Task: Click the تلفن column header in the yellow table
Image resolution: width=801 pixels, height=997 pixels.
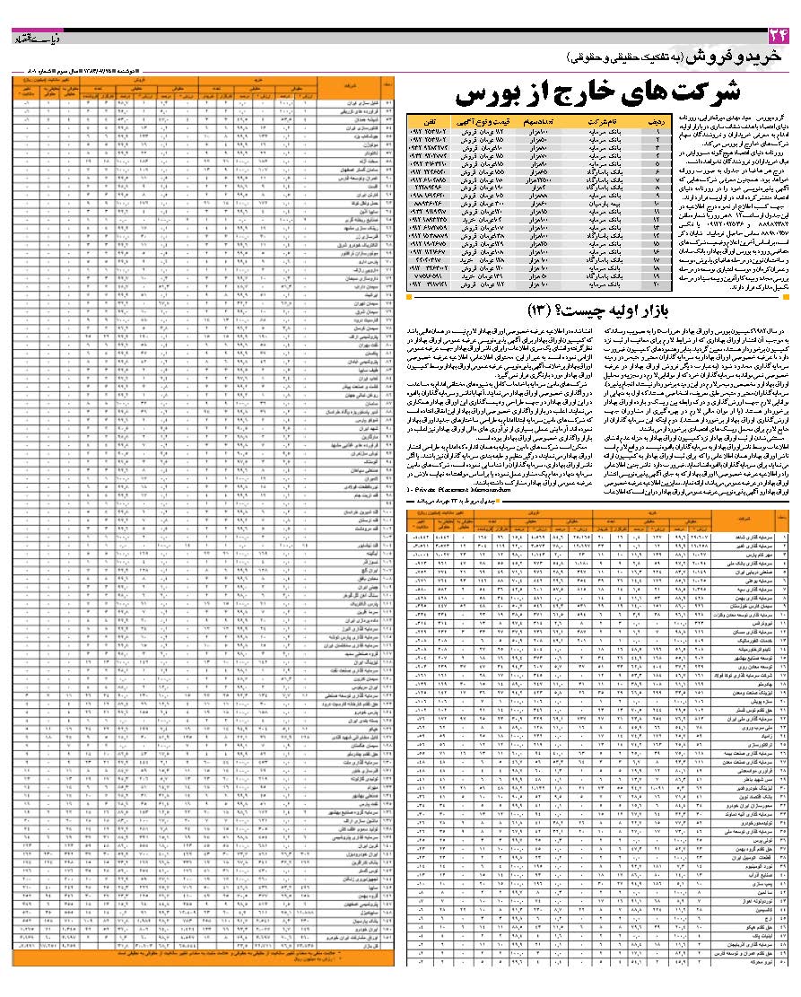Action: pos(430,119)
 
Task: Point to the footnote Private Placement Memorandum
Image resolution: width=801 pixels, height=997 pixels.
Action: pos(457,490)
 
